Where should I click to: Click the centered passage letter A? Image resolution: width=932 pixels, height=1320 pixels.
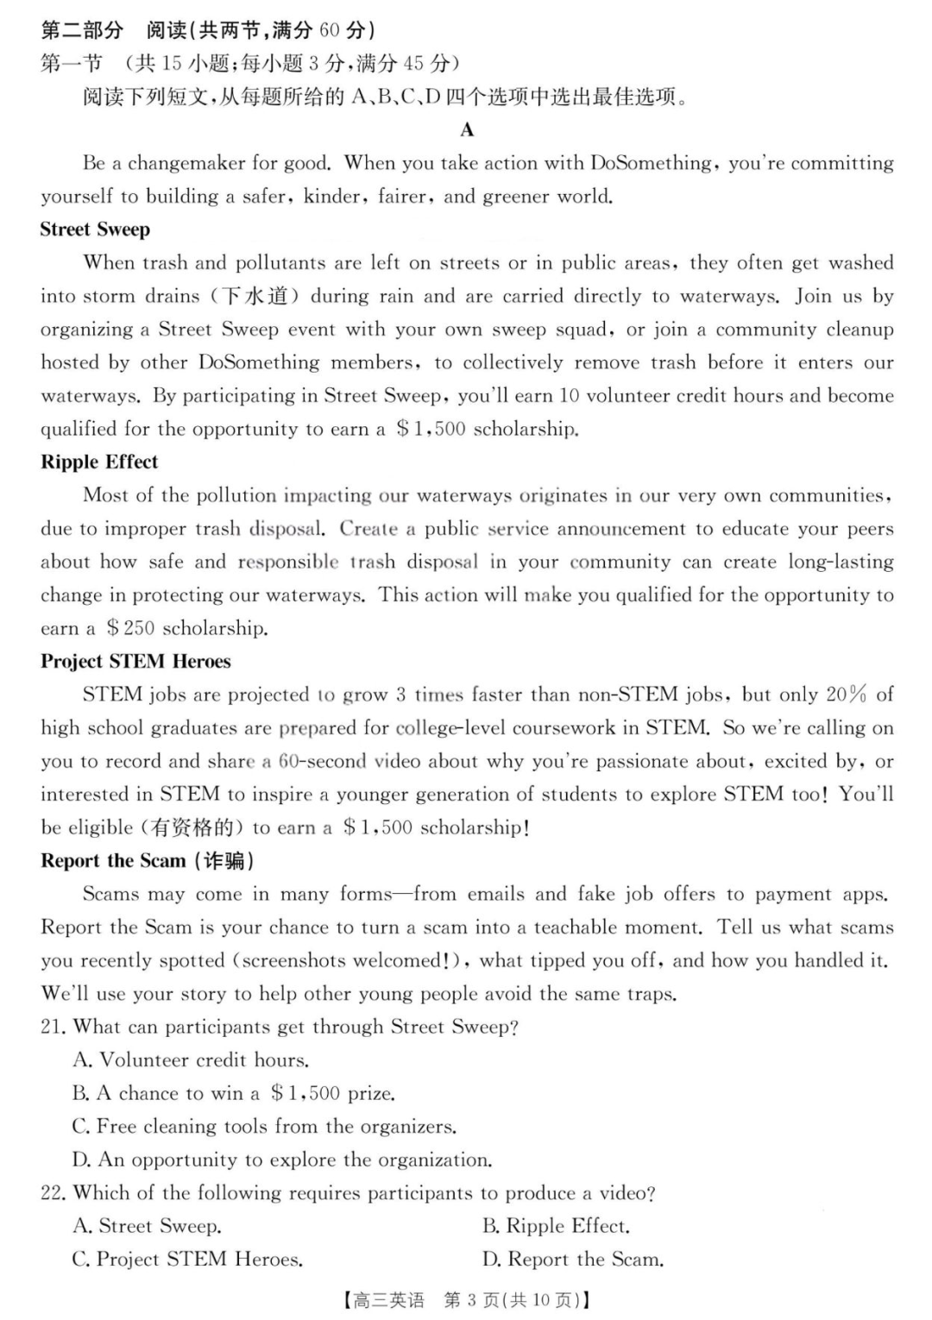pyautogui.click(x=467, y=130)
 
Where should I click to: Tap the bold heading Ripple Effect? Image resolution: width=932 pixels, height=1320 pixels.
pyautogui.click(x=99, y=462)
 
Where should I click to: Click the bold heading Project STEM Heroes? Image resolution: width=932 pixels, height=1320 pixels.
pyautogui.click(x=135, y=661)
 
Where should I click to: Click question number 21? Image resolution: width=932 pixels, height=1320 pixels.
pyautogui.click(x=54, y=1027)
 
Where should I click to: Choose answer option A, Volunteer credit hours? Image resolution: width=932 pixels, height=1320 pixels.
pyautogui.click(x=191, y=1059)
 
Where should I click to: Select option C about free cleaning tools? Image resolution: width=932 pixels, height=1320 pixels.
pyautogui.click(x=264, y=1126)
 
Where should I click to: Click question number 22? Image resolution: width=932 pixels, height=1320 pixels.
pyautogui.click(x=54, y=1193)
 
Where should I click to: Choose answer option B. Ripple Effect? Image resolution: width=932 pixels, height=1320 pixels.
pyautogui.click(x=556, y=1226)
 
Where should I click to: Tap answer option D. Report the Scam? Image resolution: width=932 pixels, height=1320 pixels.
pyautogui.click(x=573, y=1260)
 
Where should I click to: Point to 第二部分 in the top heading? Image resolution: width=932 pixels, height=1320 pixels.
pyautogui.click(x=82, y=30)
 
